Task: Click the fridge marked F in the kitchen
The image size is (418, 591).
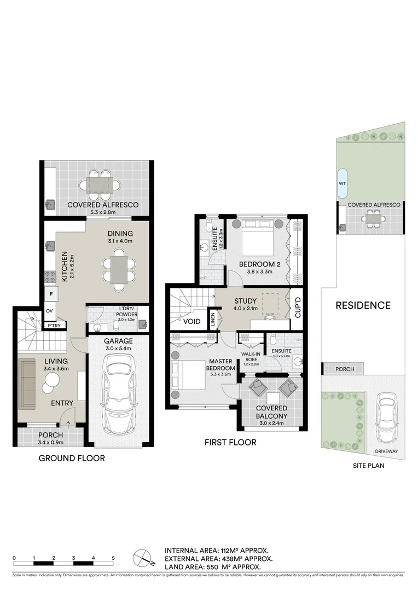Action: point(51,294)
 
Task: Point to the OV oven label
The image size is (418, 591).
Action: point(49,311)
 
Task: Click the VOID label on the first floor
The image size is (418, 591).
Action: point(192,321)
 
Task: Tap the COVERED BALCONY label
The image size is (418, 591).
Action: point(271,411)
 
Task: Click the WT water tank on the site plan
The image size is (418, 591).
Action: point(342,183)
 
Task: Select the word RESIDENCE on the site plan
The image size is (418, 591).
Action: point(363,305)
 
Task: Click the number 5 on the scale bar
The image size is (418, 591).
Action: point(113,558)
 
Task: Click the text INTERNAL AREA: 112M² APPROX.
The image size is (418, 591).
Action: point(217,551)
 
